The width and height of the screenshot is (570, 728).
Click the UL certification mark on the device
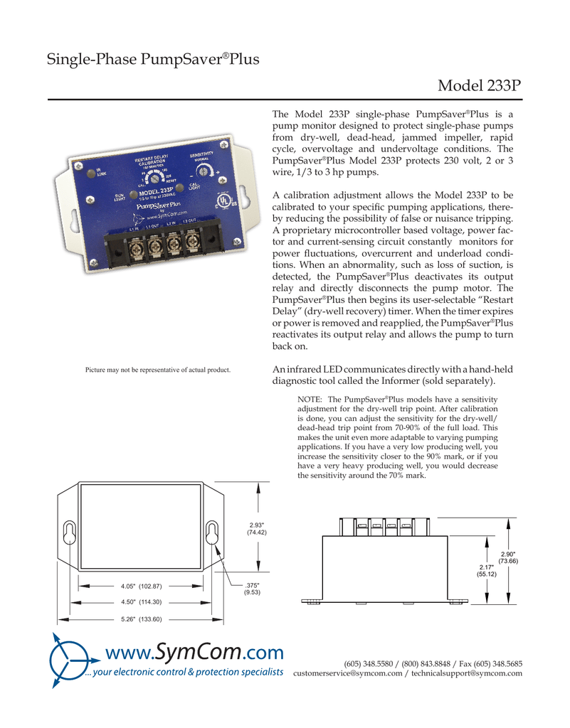[226, 200]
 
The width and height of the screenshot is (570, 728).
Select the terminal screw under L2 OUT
[191, 242]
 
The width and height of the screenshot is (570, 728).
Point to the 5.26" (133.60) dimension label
[142, 619]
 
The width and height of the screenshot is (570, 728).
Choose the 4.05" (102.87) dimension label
[142, 587]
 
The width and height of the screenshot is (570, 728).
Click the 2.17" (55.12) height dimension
[487, 569]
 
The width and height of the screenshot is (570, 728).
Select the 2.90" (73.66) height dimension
[508, 557]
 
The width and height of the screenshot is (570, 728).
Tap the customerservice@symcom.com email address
[347, 673]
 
